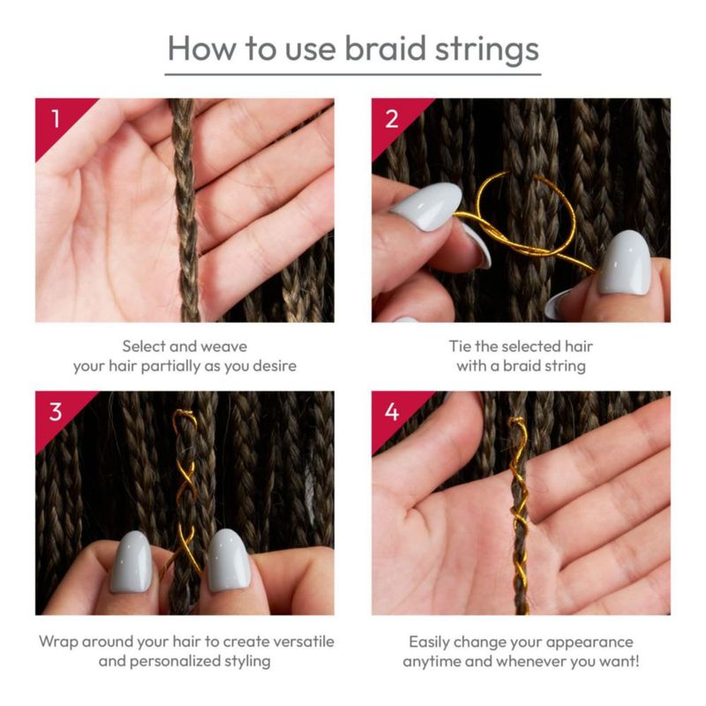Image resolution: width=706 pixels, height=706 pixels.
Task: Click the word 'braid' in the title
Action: tap(386, 48)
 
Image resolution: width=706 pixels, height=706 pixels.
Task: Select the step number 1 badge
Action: tap(56, 118)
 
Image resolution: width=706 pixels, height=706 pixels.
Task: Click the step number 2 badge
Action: tap(392, 118)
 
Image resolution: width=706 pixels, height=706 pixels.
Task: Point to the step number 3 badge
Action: tap(56, 411)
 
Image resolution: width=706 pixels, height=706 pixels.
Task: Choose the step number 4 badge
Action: tap(392, 411)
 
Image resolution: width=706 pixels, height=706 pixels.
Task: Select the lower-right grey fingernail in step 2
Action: tap(625, 262)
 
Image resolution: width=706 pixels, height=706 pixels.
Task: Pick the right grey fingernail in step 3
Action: tap(229, 560)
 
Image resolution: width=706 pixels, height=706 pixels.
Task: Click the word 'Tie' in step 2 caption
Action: tap(460, 346)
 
